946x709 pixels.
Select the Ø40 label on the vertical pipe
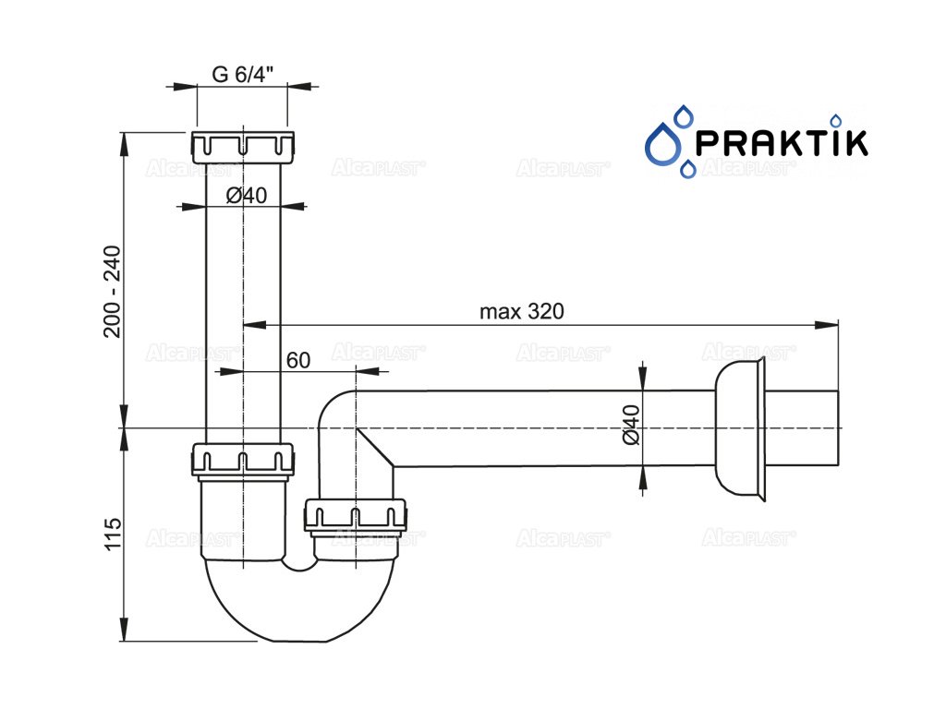pyautogui.click(x=246, y=195)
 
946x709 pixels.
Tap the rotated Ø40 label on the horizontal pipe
pyautogui.click(x=632, y=425)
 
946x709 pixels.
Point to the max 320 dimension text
pyautogui.click(x=521, y=311)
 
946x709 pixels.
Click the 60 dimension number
pyautogui.click(x=297, y=361)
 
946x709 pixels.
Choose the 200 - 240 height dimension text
pyautogui.click(x=112, y=292)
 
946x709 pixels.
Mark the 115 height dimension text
pyautogui.click(x=112, y=535)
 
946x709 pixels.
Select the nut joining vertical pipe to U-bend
pyautogui.click(x=244, y=460)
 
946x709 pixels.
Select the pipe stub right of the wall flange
pyautogui.click(x=802, y=427)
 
